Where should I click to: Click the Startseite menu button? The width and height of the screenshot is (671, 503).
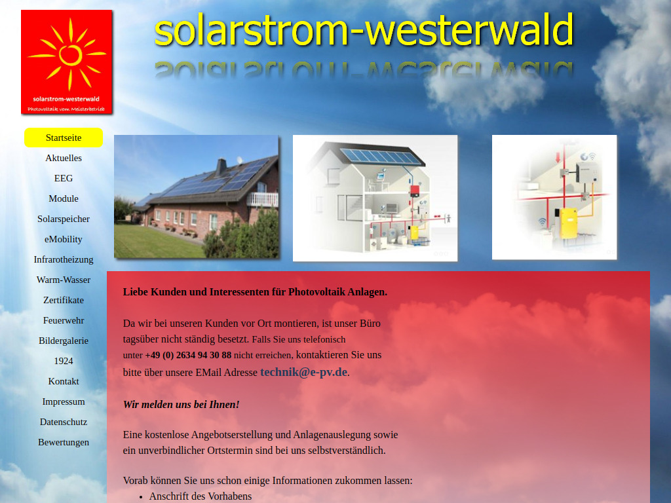tap(64, 138)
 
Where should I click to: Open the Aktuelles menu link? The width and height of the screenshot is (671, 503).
tap(64, 158)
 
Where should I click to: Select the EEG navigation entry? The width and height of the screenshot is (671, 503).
tap(64, 178)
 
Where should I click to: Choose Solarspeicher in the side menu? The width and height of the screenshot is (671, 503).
tap(64, 219)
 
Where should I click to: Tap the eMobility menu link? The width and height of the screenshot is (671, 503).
tap(64, 239)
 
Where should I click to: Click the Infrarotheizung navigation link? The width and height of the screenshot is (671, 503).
tap(64, 259)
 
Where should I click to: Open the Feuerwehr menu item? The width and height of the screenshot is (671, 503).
tap(64, 320)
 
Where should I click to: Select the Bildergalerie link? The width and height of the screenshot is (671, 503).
tap(64, 341)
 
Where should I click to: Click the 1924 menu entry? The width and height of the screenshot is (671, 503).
tap(64, 361)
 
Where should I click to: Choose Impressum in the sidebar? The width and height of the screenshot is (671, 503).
tap(64, 401)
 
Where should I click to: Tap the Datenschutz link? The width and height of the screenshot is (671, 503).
tap(64, 422)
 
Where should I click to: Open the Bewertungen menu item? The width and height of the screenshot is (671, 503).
tap(64, 442)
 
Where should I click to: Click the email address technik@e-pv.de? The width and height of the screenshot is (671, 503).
tap(304, 372)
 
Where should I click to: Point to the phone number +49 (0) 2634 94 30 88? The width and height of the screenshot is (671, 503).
tap(188, 355)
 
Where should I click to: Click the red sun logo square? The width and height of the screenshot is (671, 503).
tap(67, 62)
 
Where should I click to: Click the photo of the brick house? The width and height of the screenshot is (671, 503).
tap(197, 196)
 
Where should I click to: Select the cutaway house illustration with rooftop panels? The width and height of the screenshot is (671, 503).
tap(375, 198)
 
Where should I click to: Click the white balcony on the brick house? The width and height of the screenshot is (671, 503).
tap(263, 199)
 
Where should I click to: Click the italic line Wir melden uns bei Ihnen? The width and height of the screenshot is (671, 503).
tap(182, 405)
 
